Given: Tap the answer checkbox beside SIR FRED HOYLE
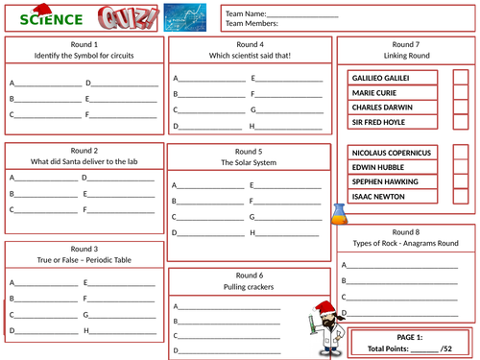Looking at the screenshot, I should [x=460, y=122].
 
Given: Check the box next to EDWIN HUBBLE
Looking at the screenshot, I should [x=460, y=167].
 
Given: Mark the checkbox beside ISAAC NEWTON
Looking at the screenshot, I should [x=460, y=196].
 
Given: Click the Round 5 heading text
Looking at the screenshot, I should [x=250, y=152].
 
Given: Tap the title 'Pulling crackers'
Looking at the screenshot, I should [x=250, y=287].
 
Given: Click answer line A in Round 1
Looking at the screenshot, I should [x=47, y=83].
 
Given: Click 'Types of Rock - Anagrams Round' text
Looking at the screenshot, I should [x=405, y=244].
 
